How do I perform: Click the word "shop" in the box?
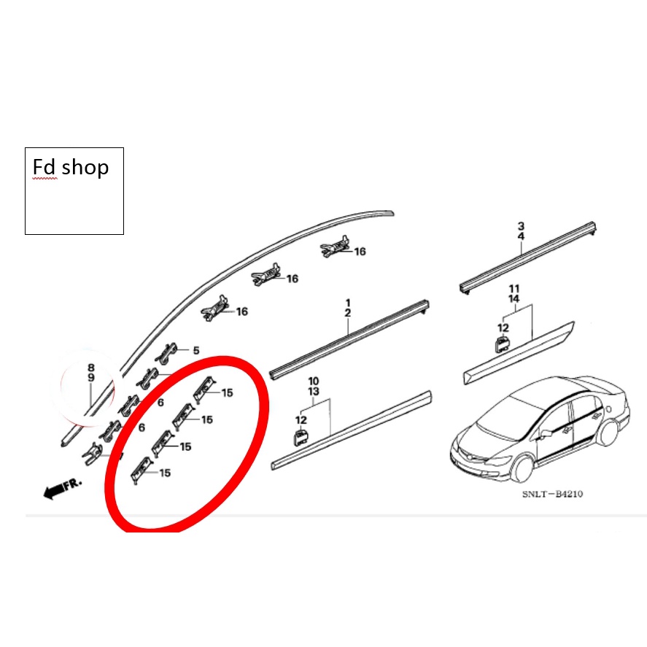click(x=85, y=168)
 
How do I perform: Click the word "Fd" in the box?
click(x=44, y=167)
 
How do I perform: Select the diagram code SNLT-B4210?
click(x=552, y=494)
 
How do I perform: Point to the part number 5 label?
click(x=196, y=350)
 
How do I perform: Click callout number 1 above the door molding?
click(x=348, y=303)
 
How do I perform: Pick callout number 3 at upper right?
click(x=521, y=226)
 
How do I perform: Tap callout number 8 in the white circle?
click(x=91, y=367)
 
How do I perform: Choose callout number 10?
click(x=314, y=381)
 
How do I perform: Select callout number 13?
click(x=314, y=391)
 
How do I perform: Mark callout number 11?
click(x=514, y=288)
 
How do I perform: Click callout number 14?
click(x=514, y=298)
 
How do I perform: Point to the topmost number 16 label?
click(x=360, y=252)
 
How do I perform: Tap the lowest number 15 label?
click(x=165, y=473)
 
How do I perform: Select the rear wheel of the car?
click(x=610, y=433)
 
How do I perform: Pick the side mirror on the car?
click(x=546, y=434)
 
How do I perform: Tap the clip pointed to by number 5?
click(x=167, y=353)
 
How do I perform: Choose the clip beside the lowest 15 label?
click(x=140, y=470)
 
